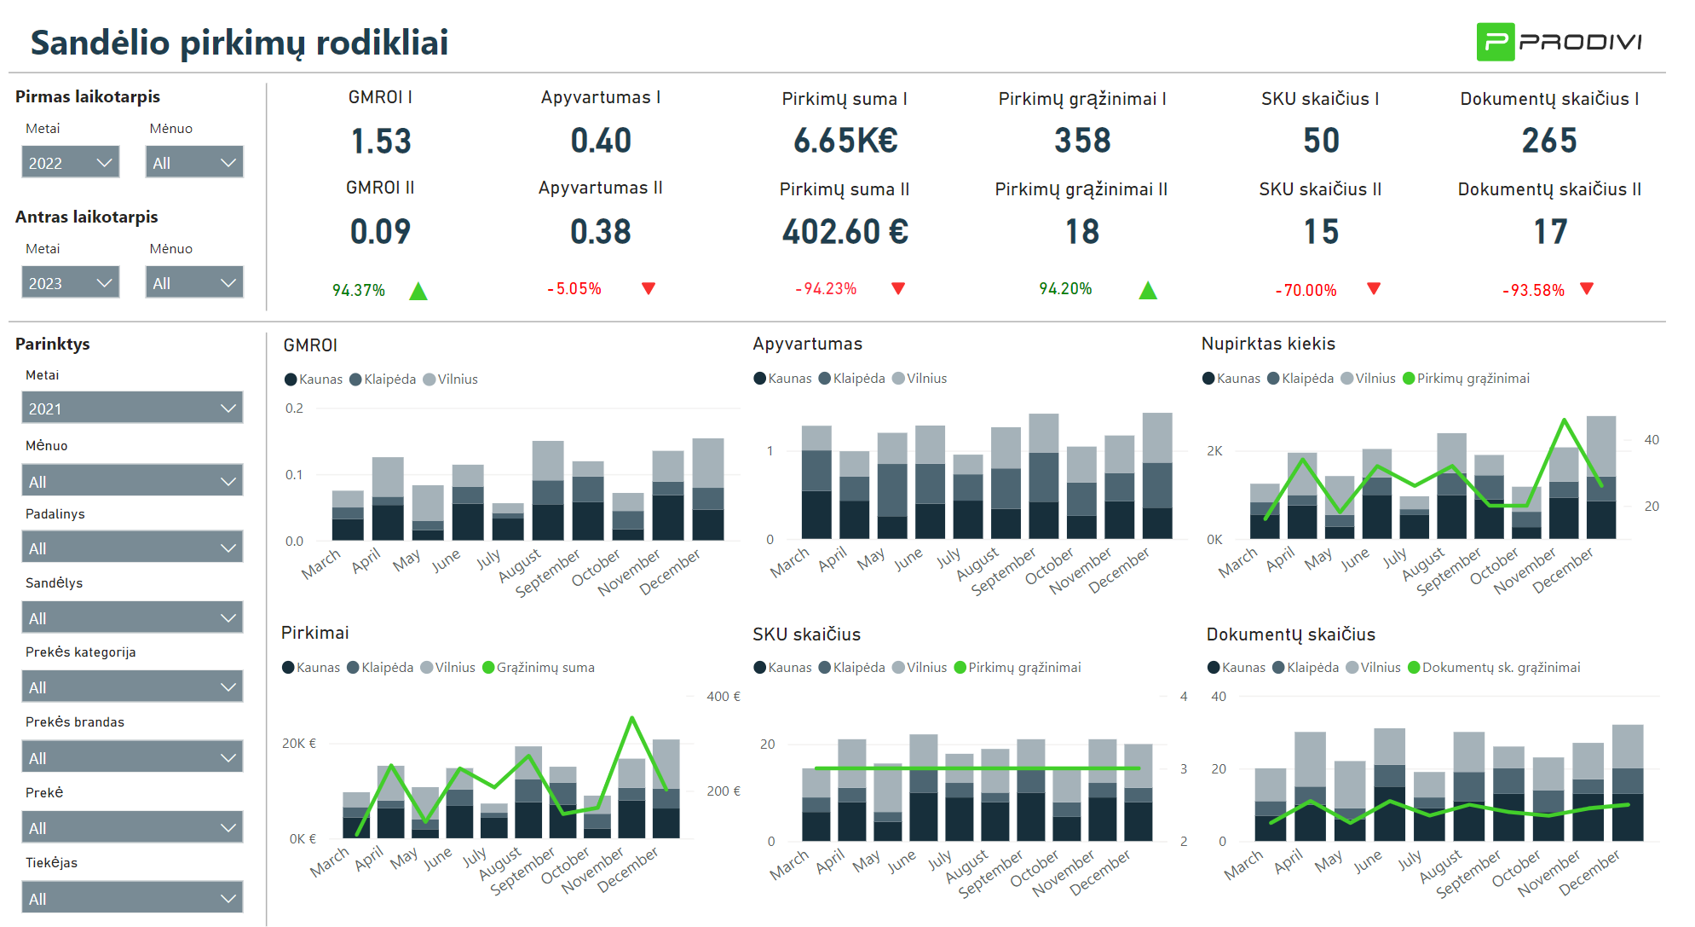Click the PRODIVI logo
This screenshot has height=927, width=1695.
1559,42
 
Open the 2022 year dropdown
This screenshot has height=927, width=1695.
70,162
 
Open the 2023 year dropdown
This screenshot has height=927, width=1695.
70,282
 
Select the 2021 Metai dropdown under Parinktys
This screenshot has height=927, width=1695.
131,408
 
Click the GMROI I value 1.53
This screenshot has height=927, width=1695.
381,142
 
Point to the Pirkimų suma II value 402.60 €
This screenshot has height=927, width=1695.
845,232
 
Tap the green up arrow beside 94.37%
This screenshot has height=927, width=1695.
418,292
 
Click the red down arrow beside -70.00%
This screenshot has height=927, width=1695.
1373,288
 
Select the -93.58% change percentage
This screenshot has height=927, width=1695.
1532,291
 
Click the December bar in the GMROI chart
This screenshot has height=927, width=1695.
707,490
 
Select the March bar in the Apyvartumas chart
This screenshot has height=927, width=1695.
816,483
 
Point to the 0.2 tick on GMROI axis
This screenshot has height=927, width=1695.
294,408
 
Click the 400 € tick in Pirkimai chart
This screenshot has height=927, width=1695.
723,697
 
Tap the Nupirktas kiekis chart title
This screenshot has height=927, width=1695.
1268,344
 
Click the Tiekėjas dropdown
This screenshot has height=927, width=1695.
131,897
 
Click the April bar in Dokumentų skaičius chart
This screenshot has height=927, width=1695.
1310,786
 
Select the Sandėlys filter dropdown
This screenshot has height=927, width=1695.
131,617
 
